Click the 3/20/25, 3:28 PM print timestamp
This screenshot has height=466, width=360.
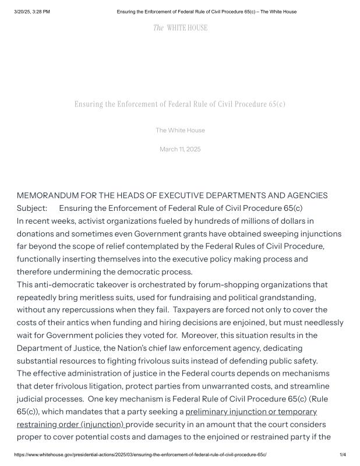32,12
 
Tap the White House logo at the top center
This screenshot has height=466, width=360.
180,27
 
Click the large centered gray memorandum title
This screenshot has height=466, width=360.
180,104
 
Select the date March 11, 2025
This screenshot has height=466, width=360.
180,149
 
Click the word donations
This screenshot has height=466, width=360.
37,234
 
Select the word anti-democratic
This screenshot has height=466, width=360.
62,284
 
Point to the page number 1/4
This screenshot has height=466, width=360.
343,454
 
